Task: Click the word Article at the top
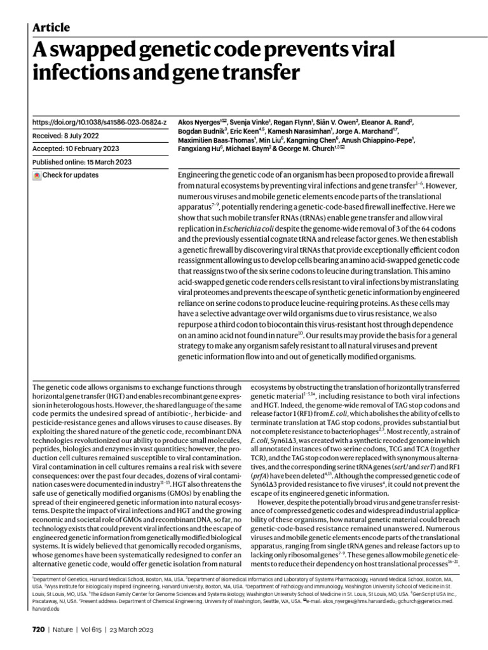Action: click(x=51, y=27)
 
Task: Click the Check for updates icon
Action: click(x=37, y=175)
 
